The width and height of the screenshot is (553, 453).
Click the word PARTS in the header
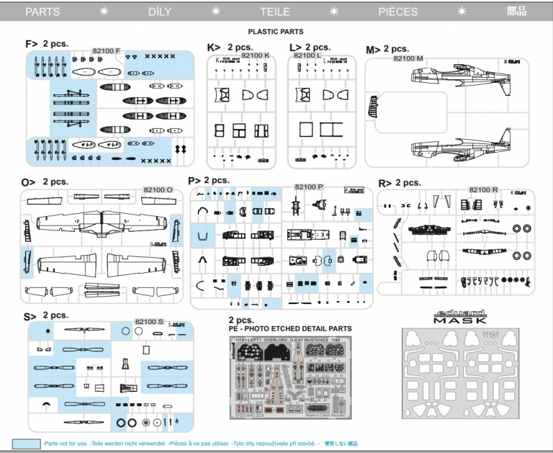(42, 12)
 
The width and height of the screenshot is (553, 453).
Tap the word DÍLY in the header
(160, 12)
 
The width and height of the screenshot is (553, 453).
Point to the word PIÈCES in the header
(397, 12)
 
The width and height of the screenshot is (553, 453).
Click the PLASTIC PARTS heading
(276, 32)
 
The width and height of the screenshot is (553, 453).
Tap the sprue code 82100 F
(107, 51)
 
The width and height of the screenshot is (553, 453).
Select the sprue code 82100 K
(256, 55)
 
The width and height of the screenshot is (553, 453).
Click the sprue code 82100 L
(307, 55)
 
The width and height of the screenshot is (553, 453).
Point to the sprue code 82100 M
(408, 58)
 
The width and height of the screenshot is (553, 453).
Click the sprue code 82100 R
(484, 189)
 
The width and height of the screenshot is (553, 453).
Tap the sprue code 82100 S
(149, 321)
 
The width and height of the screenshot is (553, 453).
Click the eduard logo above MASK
(462, 313)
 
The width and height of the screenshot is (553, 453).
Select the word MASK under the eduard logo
(462, 321)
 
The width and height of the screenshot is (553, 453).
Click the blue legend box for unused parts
(26, 444)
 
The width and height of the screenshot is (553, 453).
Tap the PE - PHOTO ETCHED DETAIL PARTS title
(290, 328)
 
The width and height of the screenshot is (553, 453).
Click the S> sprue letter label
(30, 316)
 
